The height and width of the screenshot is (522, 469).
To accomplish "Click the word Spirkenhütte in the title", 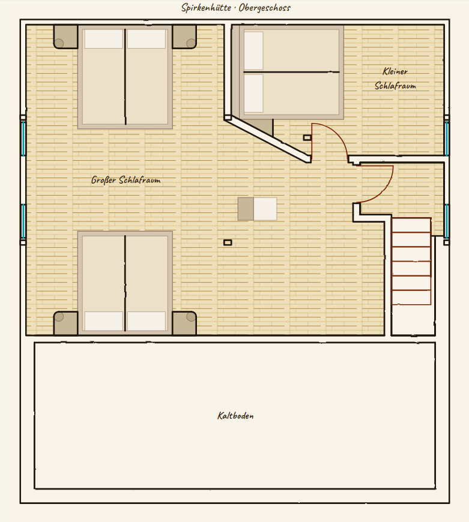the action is (x=206, y=8).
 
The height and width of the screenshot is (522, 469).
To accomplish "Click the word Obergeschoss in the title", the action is (x=265, y=8).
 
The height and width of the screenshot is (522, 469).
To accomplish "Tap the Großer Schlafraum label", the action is (x=126, y=180).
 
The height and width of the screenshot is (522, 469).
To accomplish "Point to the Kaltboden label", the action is (x=235, y=416).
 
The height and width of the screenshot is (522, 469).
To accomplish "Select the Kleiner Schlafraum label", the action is (x=395, y=79).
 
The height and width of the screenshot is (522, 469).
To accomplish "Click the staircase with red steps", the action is (x=411, y=262).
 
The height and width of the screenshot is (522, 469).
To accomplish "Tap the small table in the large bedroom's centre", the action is (x=257, y=209).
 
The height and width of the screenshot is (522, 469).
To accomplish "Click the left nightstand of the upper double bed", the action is (x=65, y=37).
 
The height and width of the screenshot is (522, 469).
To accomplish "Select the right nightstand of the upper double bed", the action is (x=184, y=37).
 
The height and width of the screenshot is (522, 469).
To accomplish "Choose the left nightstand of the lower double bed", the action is (x=65, y=323).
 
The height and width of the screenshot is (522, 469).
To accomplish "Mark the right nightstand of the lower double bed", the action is (x=184, y=323).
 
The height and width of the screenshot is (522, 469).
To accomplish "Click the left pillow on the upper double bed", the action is (x=104, y=39).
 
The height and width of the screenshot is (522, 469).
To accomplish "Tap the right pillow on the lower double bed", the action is (x=147, y=321).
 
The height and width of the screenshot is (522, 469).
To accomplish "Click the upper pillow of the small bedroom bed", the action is (x=254, y=50).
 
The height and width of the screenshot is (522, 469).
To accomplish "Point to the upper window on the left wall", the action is (x=23, y=138).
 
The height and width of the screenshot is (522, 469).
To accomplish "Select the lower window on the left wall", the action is (x=23, y=221).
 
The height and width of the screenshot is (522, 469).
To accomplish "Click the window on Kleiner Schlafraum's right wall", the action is (x=446, y=138).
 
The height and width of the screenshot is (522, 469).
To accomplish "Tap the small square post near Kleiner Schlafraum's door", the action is (x=307, y=137).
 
